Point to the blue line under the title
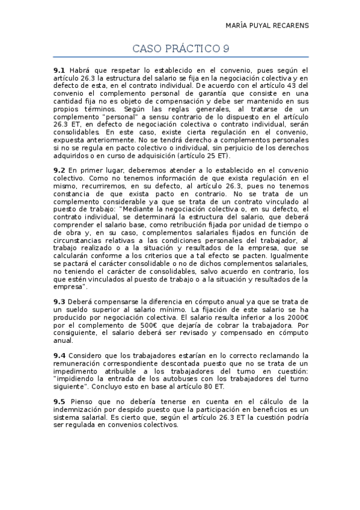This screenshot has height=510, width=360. coord(180,57)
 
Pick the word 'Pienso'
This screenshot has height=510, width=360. coord(83,401)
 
